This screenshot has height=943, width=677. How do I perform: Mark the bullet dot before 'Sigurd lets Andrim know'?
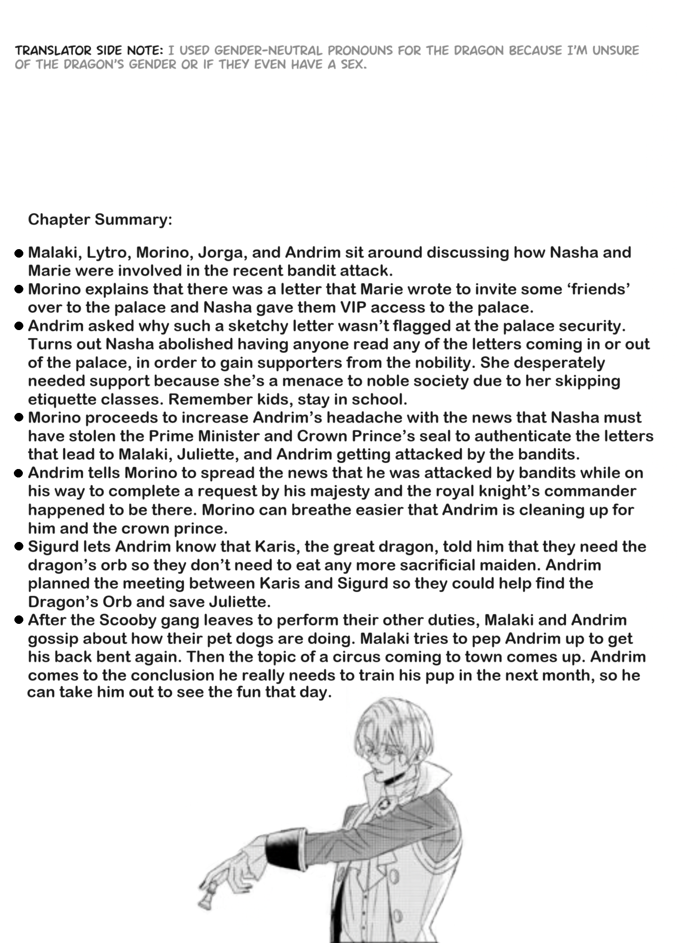(19, 547)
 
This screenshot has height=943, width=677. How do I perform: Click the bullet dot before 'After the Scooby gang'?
(19, 620)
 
